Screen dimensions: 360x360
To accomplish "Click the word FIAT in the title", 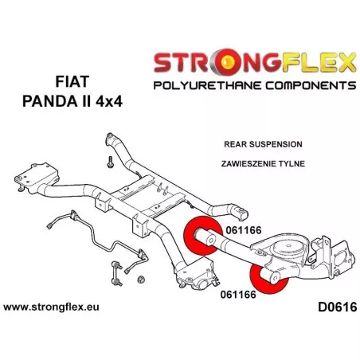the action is tap(72, 82).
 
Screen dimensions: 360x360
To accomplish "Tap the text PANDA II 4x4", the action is tap(72, 101).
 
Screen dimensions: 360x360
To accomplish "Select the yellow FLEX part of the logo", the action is tap(319, 62).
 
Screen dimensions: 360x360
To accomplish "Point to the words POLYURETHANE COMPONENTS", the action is tap(255, 85).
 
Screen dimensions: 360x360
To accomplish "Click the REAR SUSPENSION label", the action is tap(263, 144).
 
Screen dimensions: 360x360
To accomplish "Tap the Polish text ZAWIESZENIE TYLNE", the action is tap(263, 163).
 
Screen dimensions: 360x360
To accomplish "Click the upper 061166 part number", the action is tap(244, 230).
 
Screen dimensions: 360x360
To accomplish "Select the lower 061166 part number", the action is tap(238, 295).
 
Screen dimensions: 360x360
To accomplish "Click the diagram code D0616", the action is tap(337, 307).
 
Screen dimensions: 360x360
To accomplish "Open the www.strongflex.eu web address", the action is tap(51, 307).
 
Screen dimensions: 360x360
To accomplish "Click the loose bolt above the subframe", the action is tap(110, 162).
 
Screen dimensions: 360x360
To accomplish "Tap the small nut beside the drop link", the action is tap(142, 280).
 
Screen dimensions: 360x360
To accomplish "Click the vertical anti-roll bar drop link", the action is tap(117, 274).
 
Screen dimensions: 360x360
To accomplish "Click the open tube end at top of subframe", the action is tap(109, 138).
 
